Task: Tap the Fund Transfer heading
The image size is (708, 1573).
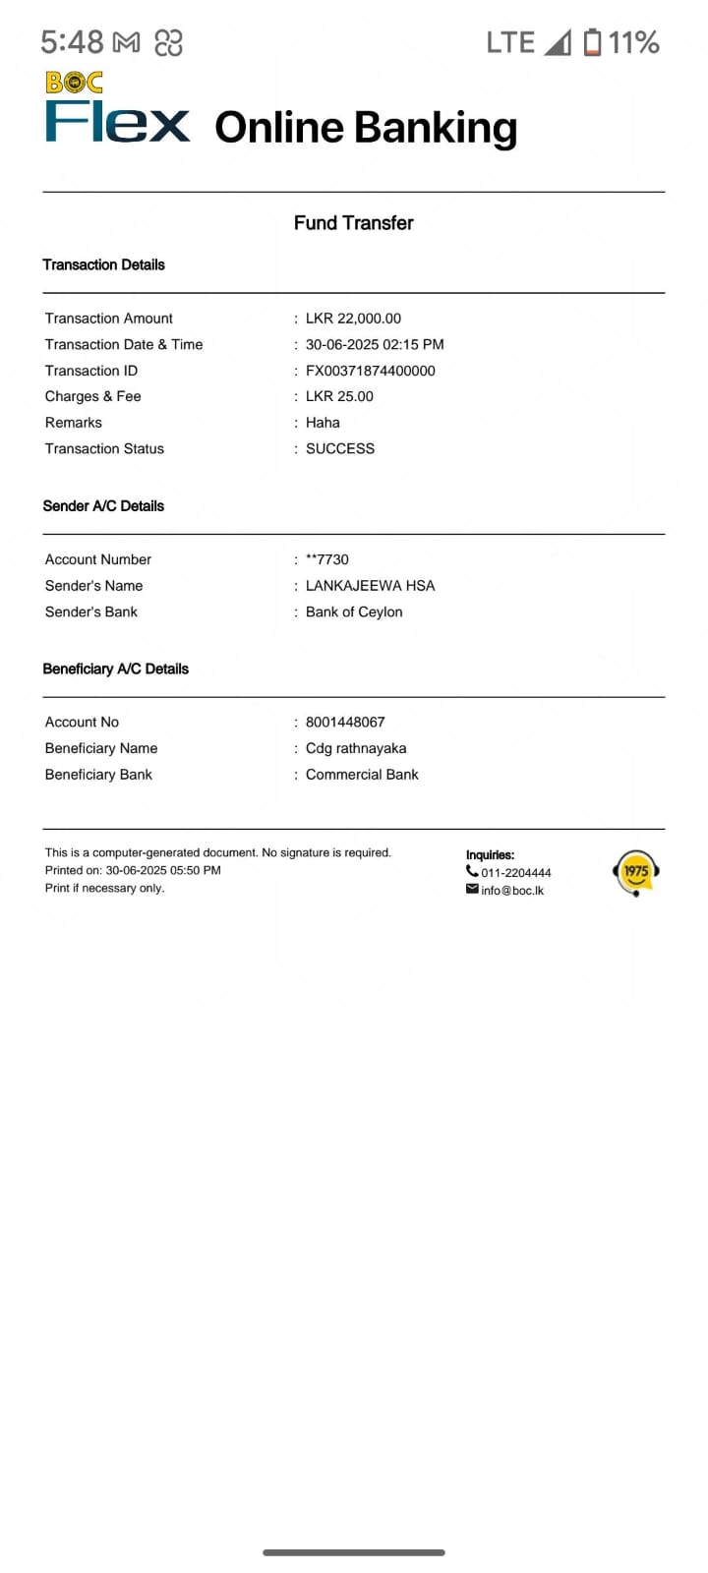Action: click(353, 223)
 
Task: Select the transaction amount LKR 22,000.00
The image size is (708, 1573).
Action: click(353, 319)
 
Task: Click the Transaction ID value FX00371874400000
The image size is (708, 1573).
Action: click(370, 371)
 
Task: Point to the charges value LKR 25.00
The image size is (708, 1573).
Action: click(339, 396)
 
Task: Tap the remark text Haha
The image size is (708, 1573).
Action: click(323, 423)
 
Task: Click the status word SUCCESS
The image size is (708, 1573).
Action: click(340, 448)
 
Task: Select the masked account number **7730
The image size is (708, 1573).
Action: click(327, 559)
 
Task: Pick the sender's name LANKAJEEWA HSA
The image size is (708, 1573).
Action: click(370, 586)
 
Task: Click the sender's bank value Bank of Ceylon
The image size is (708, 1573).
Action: click(354, 612)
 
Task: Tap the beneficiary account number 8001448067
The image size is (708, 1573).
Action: click(345, 722)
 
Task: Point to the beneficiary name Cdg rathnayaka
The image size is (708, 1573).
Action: click(356, 748)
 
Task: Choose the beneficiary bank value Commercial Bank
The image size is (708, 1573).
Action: click(362, 775)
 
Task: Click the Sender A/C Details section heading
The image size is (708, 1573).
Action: click(103, 506)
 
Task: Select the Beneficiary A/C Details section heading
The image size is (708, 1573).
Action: click(115, 669)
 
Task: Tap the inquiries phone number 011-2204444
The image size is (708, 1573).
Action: click(515, 873)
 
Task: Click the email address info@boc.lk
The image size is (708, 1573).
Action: click(511, 891)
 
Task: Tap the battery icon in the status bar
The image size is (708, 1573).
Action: click(592, 42)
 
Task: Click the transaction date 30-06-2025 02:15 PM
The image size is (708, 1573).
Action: click(375, 345)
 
